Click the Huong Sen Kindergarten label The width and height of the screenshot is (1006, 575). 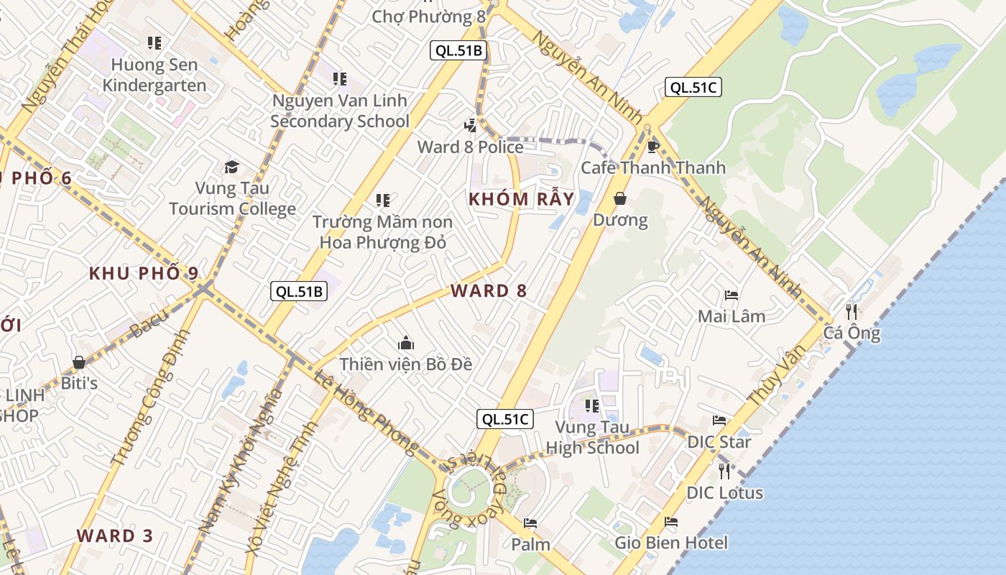coord(154,75)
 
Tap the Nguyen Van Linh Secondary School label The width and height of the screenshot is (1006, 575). coord(339,111)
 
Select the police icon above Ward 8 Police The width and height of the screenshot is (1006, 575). coord(471,125)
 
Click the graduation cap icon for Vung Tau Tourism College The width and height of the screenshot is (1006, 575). coord(231,167)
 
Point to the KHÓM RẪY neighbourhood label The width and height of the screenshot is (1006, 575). coord(522,199)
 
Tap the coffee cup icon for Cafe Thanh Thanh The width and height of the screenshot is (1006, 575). coord(652,147)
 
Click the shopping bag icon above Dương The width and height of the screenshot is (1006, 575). coord(620,198)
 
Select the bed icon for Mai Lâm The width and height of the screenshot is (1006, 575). coord(732,295)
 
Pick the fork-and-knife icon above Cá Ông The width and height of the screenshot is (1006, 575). coord(852,311)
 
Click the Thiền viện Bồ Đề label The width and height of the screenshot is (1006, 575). coord(406,364)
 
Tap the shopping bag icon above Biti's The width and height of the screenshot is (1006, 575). coord(79,362)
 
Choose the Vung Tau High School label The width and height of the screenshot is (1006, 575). coord(592,438)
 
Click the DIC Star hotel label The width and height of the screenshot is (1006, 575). coord(719,441)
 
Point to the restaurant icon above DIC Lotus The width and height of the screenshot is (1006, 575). coord(724,471)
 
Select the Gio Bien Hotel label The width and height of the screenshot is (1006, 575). coord(671,543)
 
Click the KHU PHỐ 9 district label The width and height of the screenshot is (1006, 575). coord(144,273)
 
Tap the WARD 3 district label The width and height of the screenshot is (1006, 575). coord(115,535)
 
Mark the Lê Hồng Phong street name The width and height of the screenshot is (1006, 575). coord(366,414)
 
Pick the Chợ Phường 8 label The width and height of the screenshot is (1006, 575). coord(429,16)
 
